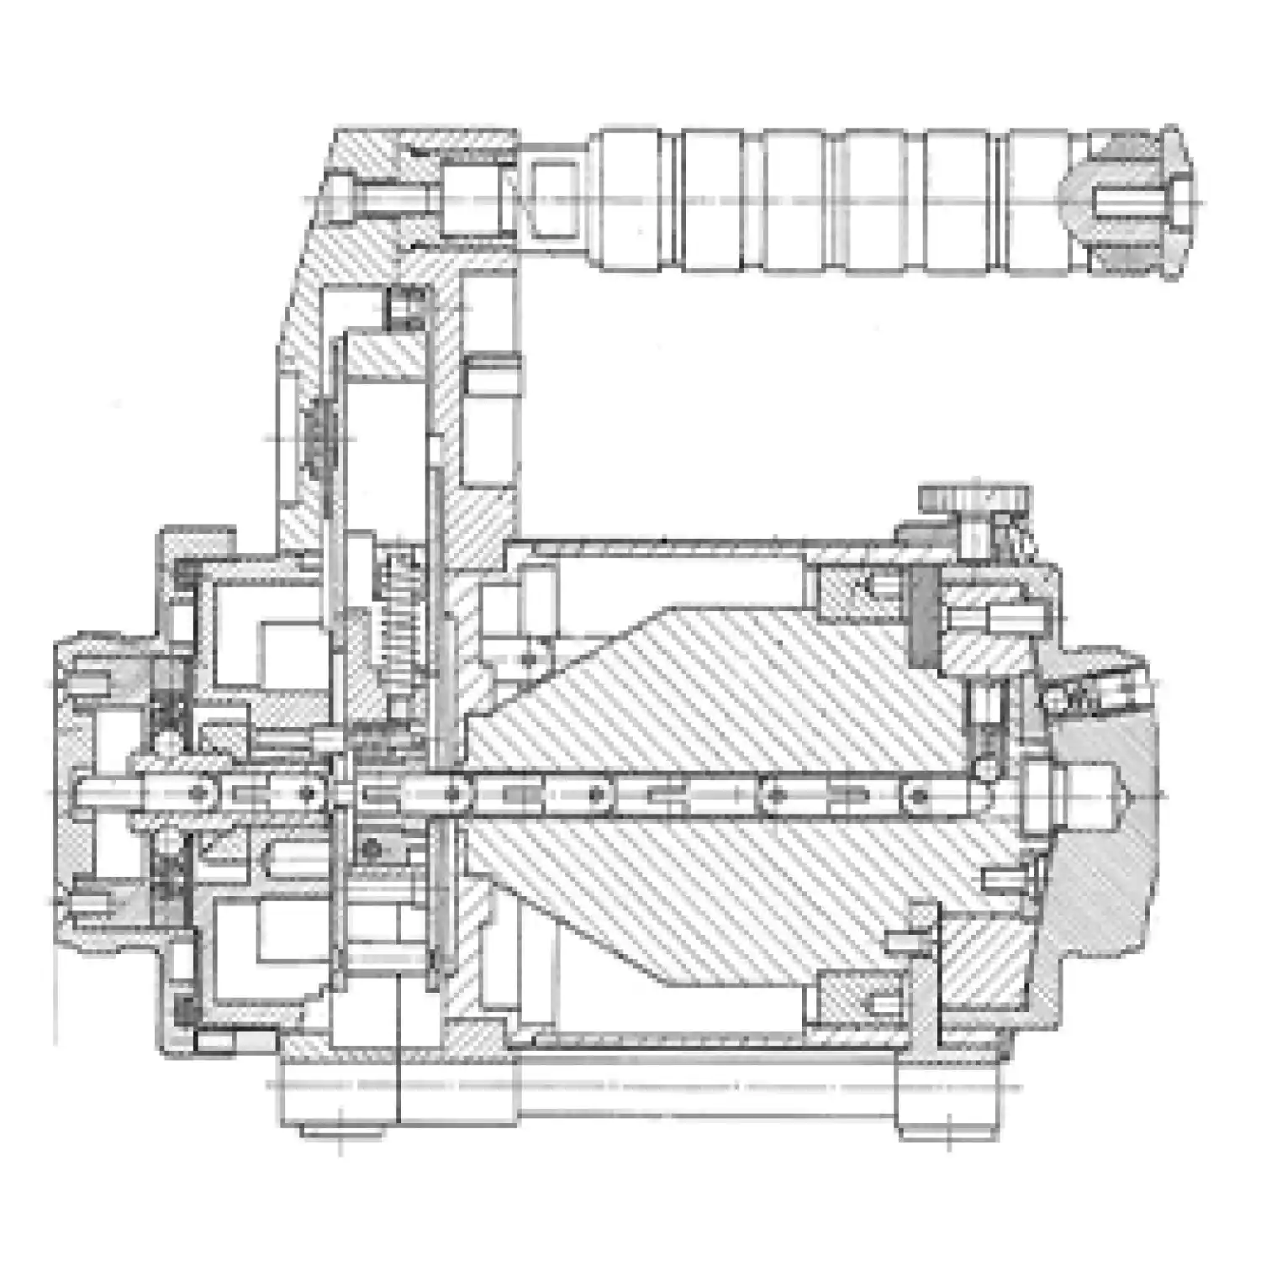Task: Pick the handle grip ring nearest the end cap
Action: tap(1038, 202)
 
